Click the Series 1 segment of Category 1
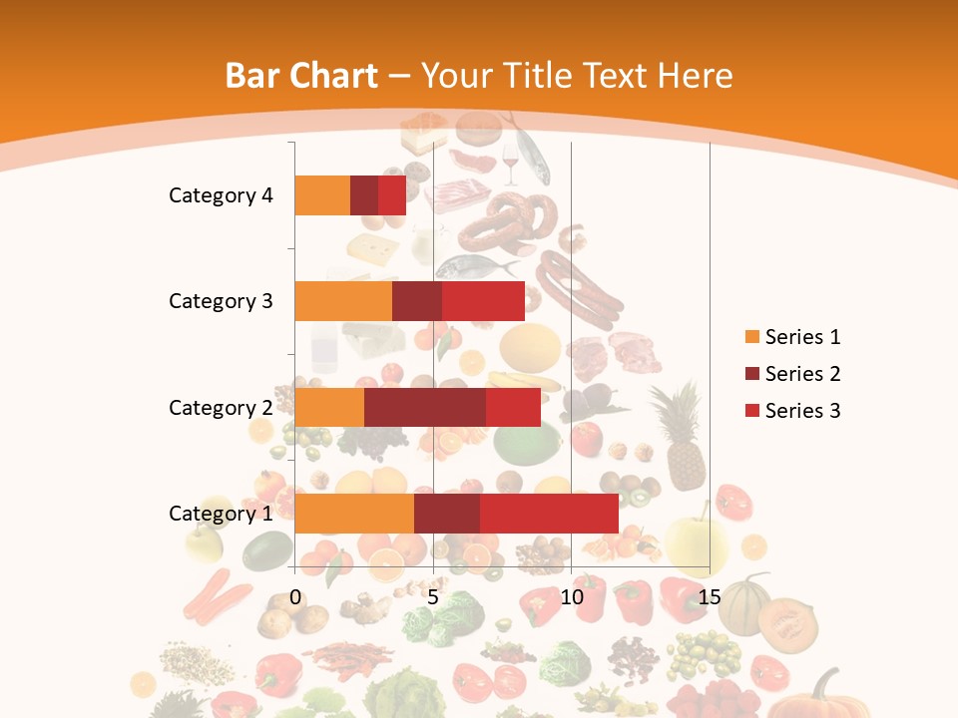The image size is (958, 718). click(x=354, y=514)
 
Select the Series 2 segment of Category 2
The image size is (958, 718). click(x=425, y=407)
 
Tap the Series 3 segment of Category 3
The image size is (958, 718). click(x=483, y=301)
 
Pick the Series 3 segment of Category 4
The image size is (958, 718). click(x=392, y=195)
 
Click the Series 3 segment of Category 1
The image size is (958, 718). click(x=549, y=514)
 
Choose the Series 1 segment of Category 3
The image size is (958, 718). click(x=343, y=301)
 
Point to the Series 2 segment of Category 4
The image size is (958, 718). click(x=364, y=195)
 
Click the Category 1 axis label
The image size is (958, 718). click(x=221, y=514)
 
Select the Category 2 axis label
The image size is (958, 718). click(x=221, y=407)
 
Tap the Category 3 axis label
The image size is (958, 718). click(x=221, y=301)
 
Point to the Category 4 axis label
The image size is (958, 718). click(x=221, y=195)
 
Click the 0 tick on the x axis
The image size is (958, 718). click(x=295, y=597)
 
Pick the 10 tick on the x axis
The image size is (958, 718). click(x=571, y=597)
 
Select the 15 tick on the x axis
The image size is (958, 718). click(x=710, y=597)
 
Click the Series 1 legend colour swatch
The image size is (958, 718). click(x=751, y=337)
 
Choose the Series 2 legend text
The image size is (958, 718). click(x=802, y=374)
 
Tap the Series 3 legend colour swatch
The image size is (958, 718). click(x=751, y=411)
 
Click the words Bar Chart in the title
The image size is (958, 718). click(x=301, y=75)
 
